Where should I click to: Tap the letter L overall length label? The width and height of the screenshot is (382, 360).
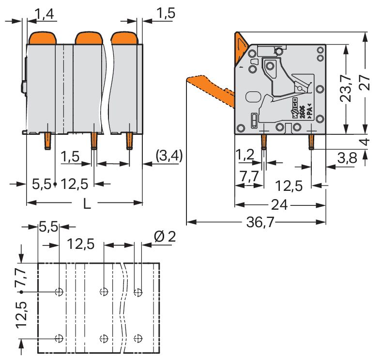pos(86,203)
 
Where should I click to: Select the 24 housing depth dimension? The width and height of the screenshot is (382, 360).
pos(279,205)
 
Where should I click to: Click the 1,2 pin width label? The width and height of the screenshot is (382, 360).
pos(245,155)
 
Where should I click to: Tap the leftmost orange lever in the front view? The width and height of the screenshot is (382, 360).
pos(43,37)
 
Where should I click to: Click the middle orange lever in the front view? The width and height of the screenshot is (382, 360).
pos(89,37)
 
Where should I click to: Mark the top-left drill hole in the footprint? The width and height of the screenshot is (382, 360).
pos(59,292)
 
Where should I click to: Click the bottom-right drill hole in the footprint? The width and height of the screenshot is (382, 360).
pos(138,338)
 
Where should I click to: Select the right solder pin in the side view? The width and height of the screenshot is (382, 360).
pos(311,141)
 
